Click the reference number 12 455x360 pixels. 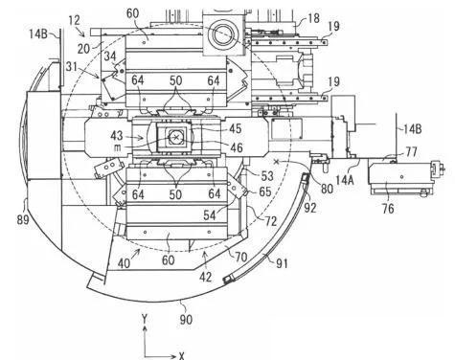click(x=74, y=20)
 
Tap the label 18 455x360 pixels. click(x=313, y=18)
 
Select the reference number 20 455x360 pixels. click(x=84, y=49)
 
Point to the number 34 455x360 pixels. click(x=110, y=56)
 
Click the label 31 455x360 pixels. click(x=72, y=67)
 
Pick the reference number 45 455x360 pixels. click(x=236, y=128)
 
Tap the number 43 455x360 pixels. click(x=117, y=135)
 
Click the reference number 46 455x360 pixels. click(x=237, y=147)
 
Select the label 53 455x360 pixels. click(x=267, y=176)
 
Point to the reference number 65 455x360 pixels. click(x=265, y=191)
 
